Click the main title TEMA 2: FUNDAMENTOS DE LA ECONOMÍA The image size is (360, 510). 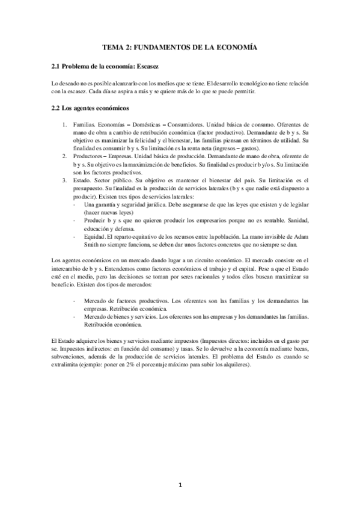pyautogui.click(x=180, y=46)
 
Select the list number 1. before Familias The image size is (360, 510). pyautogui.click(x=67, y=124)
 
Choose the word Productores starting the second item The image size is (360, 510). pyautogui.click(x=88, y=156)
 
